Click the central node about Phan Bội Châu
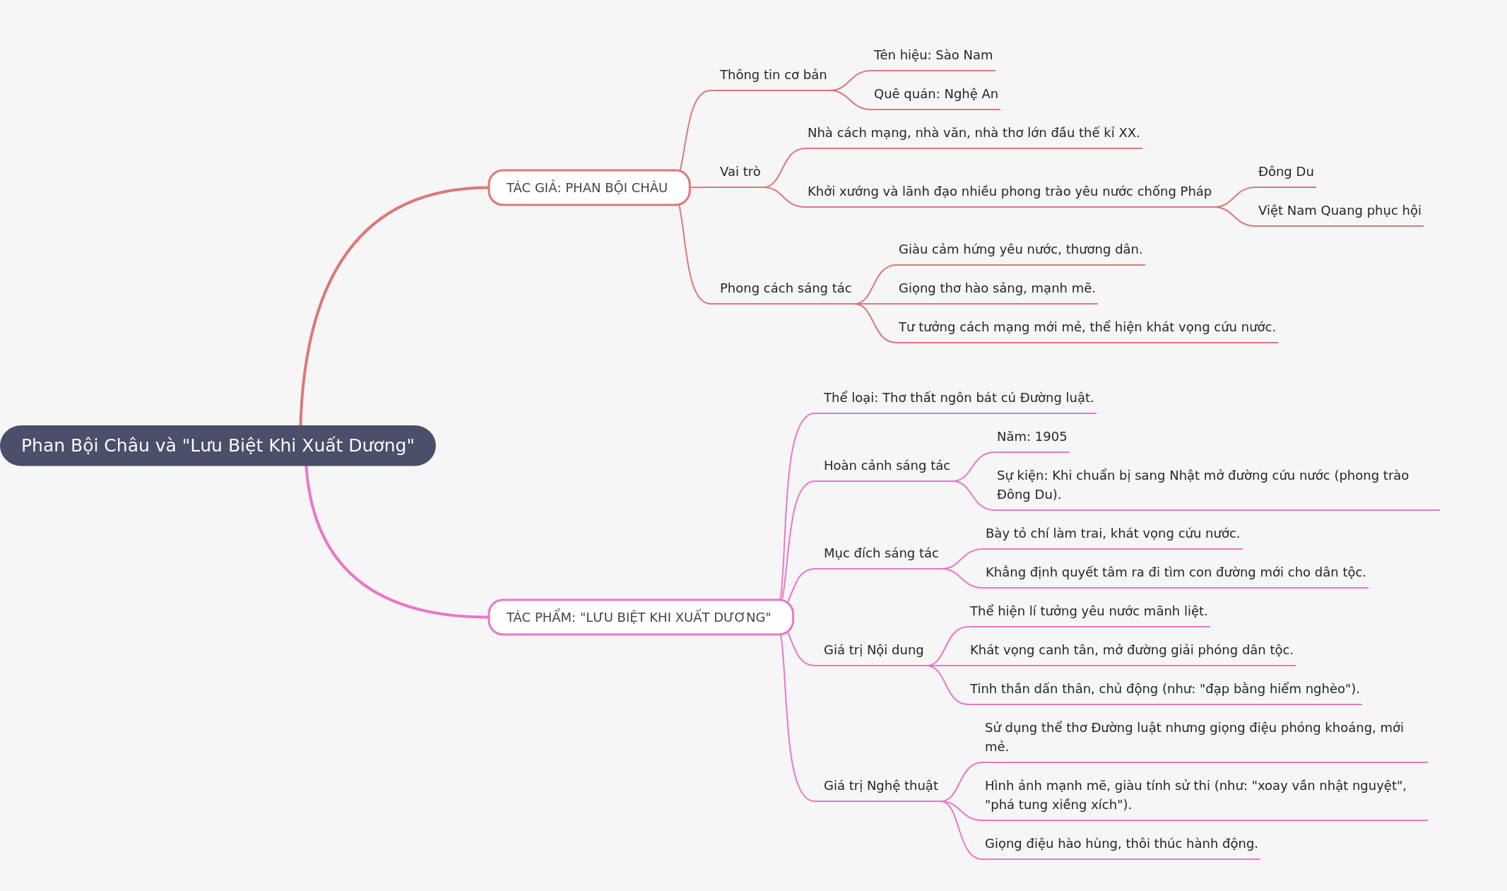218,446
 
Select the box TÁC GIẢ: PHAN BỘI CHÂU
589,188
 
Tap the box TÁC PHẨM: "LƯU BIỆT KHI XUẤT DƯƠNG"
641,618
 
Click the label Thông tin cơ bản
773,75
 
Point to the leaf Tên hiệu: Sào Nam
933,55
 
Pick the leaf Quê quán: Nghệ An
936,94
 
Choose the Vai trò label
740,172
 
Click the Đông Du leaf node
1286,172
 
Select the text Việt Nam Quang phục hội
1340,211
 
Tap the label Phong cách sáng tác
786,288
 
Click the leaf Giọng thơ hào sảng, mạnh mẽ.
997,288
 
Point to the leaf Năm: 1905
1032,437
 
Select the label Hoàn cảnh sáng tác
887,466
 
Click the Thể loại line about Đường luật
959,398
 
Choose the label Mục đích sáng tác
881,553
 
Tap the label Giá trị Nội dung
873,650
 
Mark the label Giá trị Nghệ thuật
881,786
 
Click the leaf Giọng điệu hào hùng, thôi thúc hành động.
1121,844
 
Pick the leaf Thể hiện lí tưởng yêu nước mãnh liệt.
1089,611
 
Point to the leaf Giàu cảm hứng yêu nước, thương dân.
1020,249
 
